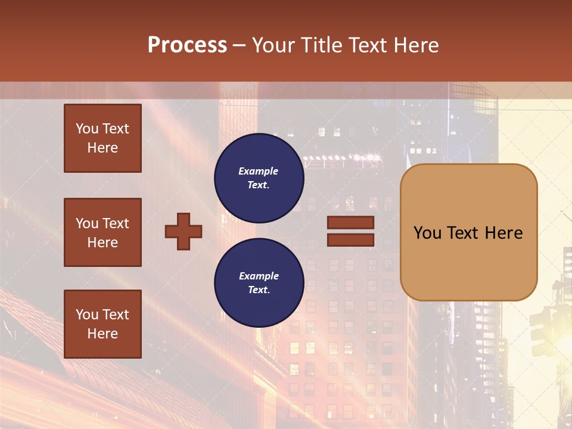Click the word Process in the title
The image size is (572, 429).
point(187,45)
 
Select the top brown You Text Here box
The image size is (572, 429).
point(102,138)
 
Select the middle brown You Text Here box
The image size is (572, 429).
point(102,232)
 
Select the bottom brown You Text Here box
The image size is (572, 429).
point(102,324)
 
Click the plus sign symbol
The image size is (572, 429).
point(184,231)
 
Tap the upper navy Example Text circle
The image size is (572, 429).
point(259,178)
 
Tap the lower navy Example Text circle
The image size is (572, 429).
point(259,283)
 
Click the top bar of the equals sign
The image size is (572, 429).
point(350,222)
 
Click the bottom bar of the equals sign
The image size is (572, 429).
point(350,240)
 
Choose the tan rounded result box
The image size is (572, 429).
point(468,232)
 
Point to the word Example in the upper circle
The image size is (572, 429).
point(259,171)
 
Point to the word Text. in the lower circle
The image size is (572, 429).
point(259,290)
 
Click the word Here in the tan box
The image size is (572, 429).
point(503,233)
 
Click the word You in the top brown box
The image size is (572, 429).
point(86,129)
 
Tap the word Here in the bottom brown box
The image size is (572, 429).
point(102,334)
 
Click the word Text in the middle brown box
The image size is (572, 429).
point(116,223)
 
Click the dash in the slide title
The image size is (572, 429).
point(240,45)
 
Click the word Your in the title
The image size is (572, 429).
point(273,45)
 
